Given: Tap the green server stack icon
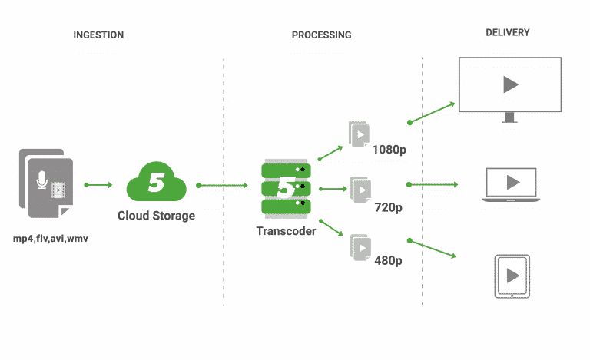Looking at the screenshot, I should point(286,188).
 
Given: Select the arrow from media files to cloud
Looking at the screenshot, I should point(98,185).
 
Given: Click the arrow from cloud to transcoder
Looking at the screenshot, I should point(222,185).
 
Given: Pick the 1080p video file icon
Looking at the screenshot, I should point(360,134).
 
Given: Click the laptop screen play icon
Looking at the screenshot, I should point(512,183).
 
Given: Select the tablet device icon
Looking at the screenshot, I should point(512,276).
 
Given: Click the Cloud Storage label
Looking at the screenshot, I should point(157,216).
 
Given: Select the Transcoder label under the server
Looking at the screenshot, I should point(286,230).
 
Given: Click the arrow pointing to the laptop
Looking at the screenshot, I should point(432,184).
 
